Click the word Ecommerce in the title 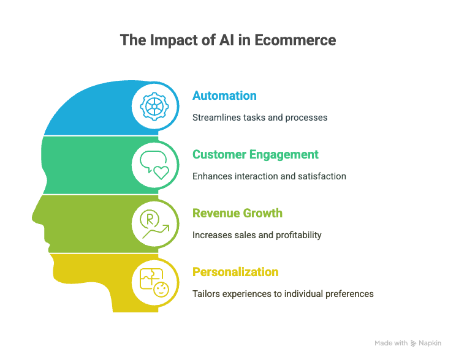295,40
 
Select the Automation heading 224,96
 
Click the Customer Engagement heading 256,154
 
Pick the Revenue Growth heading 237,213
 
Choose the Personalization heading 235,272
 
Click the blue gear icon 154,107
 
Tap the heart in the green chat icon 161,173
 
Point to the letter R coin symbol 150,219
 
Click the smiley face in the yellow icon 161,290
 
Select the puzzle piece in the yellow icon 151,279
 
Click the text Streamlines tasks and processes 260,118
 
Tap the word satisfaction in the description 322,176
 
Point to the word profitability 298,235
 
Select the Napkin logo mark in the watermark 413,343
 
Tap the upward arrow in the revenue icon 156,231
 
